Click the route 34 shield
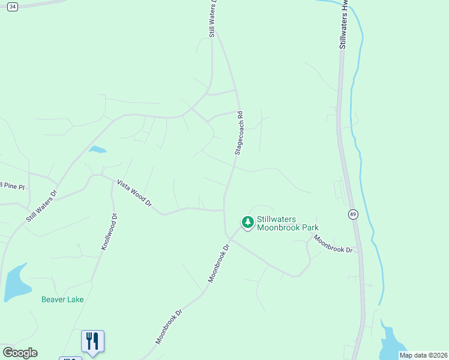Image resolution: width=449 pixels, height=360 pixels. pyautogui.click(x=13, y=6)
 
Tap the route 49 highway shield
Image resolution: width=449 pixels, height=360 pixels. pyautogui.click(x=353, y=214)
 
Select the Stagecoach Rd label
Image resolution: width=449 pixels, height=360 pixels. pyautogui.click(x=238, y=133)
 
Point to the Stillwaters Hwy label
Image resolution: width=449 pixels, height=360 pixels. pyautogui.click(x=343, y=24)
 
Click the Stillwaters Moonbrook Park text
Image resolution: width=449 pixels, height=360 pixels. pyautogui.click(x=287, y=223)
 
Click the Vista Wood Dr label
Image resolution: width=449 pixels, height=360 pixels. pyautogui.click(x=134, y=194)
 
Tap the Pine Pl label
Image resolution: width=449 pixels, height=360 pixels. pyautogui.click(x=12, y=187)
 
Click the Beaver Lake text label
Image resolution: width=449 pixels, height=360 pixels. pyautogui.click(x=62, y=299)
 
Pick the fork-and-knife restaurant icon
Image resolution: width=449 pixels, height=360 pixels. pyautogui.click(x=92, y=341)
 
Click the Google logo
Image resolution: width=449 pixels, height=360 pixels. pyautogui.click(x=20, y=353)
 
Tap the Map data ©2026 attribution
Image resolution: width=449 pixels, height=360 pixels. pyautogui.click(x=423, y=355)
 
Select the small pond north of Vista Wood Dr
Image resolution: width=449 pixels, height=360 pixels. pyautogui.click(x=97, y=149)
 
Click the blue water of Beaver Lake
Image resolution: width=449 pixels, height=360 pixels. pyautogui.click(x=15, y=285)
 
